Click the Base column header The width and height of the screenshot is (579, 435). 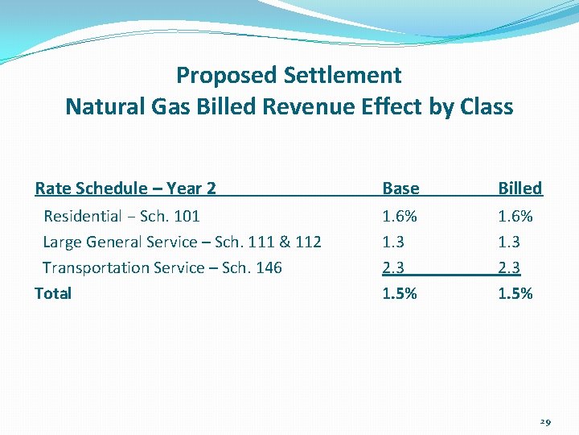400,188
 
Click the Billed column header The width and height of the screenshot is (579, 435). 519,188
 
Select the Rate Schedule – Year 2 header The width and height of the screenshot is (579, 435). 125,188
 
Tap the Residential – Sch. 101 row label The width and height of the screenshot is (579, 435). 121,216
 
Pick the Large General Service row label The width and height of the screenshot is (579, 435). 182,242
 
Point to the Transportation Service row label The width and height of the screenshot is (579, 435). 162,267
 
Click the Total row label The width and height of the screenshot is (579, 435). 53,293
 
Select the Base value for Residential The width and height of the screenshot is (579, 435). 400,216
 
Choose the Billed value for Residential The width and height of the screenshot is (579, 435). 515,216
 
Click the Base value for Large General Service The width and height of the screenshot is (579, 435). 394,242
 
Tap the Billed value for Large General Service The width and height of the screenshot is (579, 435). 510,242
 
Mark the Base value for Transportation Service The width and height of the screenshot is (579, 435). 394,267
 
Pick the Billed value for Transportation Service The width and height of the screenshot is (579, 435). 510,267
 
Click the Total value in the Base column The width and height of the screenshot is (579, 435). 400,293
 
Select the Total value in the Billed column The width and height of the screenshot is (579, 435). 515,293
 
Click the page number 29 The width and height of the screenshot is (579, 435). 544,421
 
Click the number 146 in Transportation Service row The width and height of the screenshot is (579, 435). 268,267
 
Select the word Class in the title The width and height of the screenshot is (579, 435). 485,106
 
